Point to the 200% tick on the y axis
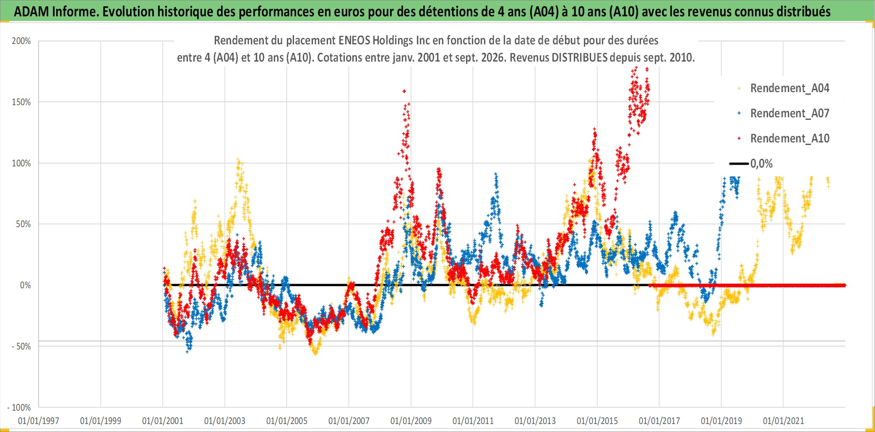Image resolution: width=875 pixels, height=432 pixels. (21, 41)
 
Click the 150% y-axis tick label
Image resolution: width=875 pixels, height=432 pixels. (21, 102)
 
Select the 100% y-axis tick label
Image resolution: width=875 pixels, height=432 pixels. (21, 163)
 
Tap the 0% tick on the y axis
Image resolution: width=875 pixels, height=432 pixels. (26, 285)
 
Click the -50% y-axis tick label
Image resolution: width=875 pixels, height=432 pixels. (21, 347)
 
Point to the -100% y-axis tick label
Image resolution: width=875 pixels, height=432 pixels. (19, 407)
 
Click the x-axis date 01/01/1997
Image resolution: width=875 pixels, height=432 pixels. (39, 421)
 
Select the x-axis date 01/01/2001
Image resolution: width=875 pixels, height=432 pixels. (163, 421)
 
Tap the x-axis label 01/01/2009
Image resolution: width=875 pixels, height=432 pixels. (411, 421)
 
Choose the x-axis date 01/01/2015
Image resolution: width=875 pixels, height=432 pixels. (597, 421)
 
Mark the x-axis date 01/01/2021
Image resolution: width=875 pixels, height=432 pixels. (784, 421)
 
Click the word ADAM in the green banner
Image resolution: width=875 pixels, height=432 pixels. (31, 12)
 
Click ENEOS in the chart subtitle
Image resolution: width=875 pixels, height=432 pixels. (354, 41)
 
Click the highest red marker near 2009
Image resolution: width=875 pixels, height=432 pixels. (404, 91)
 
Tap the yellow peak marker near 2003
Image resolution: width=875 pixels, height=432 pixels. (238, 160)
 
